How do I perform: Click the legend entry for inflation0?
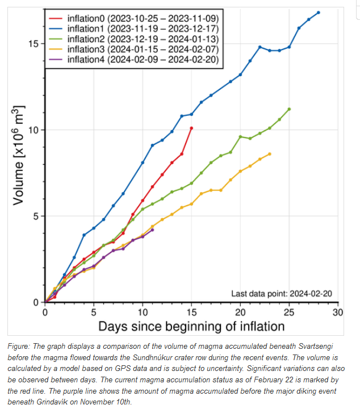pyautogui.click(x=134, y=18)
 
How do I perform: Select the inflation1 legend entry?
pyautogui.click(x=134, y=28)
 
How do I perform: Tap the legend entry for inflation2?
pyautogui.click(x=134, y=39)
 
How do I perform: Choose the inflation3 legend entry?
pyautogui.click(x=134, y=49)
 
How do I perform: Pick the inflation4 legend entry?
pyautogui.click(x=134, y=59)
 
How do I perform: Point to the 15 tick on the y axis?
pyautogui.click(x=34, y=43)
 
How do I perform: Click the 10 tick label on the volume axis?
pyautogui.click(x=34, y=130)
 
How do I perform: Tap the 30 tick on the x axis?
pyautogui.click(x=338, y=312)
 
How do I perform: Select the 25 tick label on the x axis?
pyautogui.click(x=289, y=312)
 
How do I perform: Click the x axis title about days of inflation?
pyautogui.click(x=191, y=326)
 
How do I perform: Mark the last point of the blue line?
pyautogui.click(x=318, y=12)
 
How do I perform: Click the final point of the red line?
pyautogui.click(x=191, y=128)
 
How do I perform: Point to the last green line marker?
pyautogui.click(x=289, y=109)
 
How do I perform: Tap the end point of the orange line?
pyautogui.click(x=270, y=154)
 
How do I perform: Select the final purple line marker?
pyautogui.click(x=152, y=230)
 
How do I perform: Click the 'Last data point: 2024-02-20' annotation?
pyautogui.click(x=282, y=294)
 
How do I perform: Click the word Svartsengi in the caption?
pyautogui.click(x=316, y=346)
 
